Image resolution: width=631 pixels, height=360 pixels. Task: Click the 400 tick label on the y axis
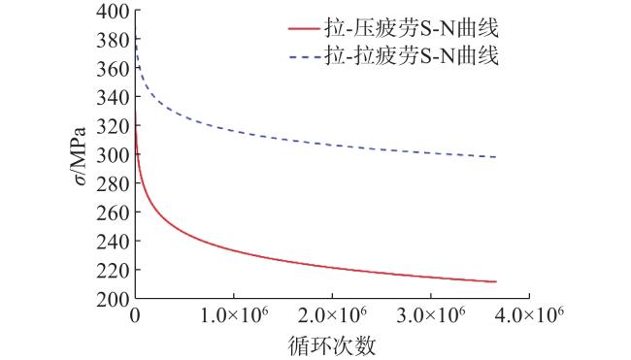click(113, 12)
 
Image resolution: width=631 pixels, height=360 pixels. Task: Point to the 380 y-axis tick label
click(113, 41)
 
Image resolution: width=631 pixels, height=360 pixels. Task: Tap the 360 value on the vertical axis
click(113, 70)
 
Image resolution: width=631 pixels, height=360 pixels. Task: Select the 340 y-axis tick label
click(113, 98)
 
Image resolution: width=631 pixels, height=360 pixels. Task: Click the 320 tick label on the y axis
click(113, 127)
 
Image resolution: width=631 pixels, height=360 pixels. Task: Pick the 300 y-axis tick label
click(113, 155)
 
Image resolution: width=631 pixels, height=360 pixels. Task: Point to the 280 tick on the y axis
click(113, 184)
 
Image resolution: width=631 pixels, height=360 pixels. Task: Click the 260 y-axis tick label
click(113, 213)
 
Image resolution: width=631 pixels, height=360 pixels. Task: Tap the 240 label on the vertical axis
click(113, 242)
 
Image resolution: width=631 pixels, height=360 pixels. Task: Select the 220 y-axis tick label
click(113, 271)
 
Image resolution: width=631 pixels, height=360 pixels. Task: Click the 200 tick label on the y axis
click(113, 299)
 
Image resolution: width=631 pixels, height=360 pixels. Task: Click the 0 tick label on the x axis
click(135, 315)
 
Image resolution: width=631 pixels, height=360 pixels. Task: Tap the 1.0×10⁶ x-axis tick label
click(234, 314)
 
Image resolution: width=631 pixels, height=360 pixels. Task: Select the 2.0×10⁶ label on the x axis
click(332, 314)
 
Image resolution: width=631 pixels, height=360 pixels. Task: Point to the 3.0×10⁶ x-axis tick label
click(431, 314)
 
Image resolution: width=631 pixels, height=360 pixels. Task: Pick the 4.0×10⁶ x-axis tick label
click(529, 314)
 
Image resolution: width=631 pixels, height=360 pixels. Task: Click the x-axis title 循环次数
click(332, 345)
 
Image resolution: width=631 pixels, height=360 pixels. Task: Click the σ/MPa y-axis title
click(80, 156)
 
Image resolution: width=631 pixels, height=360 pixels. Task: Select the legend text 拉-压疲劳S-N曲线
click(412, 28)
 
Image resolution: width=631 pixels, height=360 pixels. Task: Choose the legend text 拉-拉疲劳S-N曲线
click(412, 55)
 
